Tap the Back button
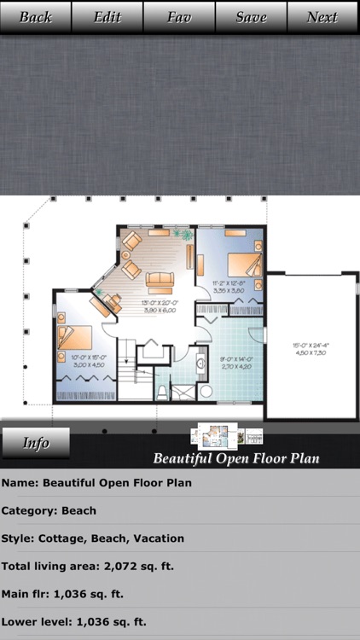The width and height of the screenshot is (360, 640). [36, 17]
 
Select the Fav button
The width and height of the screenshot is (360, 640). [179, 17]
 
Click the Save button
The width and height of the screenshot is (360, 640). [251, 17]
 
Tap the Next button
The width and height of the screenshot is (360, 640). [322, 17]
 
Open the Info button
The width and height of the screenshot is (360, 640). [36, 443]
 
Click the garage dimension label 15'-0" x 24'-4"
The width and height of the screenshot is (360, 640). [311, 349]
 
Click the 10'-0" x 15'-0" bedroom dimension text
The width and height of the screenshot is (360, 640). [87, 361]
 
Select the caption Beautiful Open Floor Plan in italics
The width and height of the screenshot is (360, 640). [236, 459]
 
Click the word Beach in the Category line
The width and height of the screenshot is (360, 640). [78, 510]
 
